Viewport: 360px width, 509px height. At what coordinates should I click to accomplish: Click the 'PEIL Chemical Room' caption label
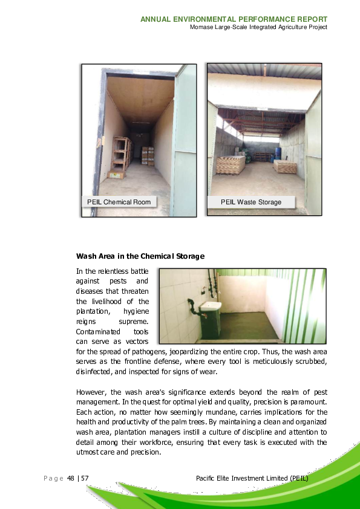click(x=119, y=201)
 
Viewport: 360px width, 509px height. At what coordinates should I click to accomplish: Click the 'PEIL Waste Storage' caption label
click(x=250, y=202)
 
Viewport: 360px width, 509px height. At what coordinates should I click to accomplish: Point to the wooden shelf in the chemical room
click(x=121, y=154)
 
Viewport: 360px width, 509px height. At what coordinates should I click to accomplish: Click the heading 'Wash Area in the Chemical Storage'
click(x=140, y=256)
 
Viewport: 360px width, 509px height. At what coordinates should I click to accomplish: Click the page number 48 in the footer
click(x=71, y=478)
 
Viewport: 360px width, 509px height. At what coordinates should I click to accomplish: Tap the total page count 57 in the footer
click(x=85, y=478)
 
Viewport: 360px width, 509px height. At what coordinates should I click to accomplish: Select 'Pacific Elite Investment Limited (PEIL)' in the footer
click(x=252, y=478)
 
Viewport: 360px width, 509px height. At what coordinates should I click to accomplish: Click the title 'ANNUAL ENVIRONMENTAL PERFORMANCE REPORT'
click(x=234, y=19)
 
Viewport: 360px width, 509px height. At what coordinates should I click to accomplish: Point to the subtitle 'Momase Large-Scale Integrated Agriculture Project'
click(x=258, y=28)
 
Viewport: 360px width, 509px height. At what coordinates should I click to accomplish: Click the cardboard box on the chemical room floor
click(x=116, y=175)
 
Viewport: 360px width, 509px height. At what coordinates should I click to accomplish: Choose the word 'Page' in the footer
click(x=53, y=478)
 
